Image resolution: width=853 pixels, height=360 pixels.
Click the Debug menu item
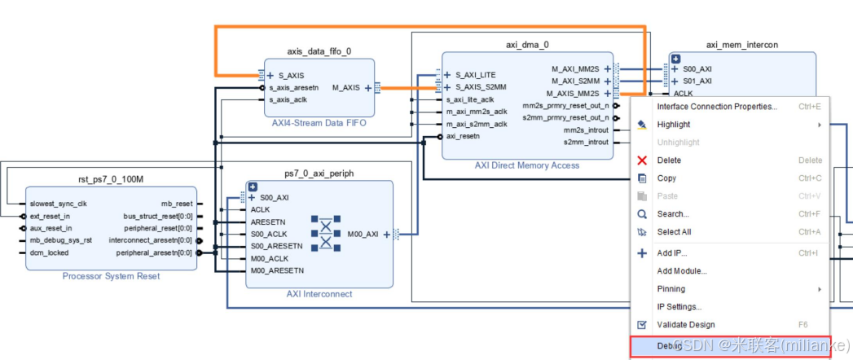670,345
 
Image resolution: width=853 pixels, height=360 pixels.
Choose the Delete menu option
669,160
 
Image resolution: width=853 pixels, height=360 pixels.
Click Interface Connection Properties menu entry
717,107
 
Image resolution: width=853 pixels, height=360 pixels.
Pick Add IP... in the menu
672,253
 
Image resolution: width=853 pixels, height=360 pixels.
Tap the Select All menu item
674,232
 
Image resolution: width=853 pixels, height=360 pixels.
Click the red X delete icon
642,160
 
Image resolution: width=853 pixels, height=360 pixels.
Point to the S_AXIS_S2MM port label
481,87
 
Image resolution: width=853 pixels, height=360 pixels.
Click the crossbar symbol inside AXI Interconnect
326,234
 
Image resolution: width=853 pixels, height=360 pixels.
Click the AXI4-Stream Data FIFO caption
319,124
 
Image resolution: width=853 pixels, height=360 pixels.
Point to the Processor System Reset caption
111,277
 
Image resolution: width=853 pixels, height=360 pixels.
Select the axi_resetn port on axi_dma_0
462,136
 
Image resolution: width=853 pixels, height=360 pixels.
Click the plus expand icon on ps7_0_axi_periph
253,187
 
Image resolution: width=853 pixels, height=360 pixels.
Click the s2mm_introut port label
586,143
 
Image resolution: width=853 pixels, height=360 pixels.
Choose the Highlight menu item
674,125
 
